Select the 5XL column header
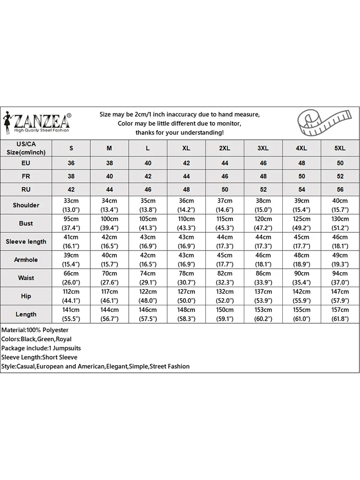(x=340, y=148)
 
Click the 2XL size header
(x=225, y=148)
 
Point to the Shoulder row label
(x=26, y=205)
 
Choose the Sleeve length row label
(x=26, y=241)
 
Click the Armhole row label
(x=26, y=260)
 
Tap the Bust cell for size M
(x=109, y=223)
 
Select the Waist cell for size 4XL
(x=301, y=278)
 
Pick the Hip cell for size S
(x=71, y=296)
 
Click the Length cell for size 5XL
(x=340, y=314)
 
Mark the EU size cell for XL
(x=186, y=163)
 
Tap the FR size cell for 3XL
(x=263, y=176)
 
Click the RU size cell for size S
(x=71, y=189)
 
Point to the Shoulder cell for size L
(x=148, y=205)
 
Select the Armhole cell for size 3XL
(x=263, y=260)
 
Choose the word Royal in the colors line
(x=63, y=339)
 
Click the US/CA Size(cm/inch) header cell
(x=26, y=148)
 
